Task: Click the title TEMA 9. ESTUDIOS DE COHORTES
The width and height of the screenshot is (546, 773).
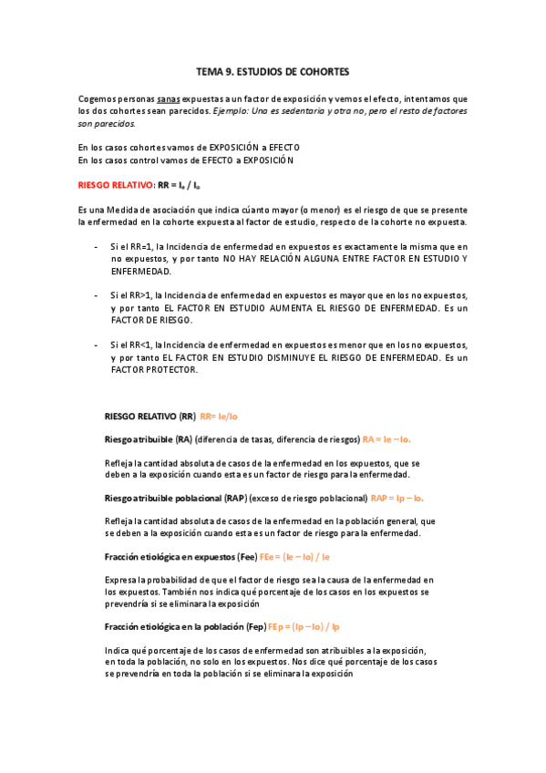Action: point(273,70)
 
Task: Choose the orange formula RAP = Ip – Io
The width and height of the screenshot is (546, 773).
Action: point(397,499)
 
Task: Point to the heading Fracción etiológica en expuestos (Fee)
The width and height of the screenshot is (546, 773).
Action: point(180,557)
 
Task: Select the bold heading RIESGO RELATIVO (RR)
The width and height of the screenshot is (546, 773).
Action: point(150,416)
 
